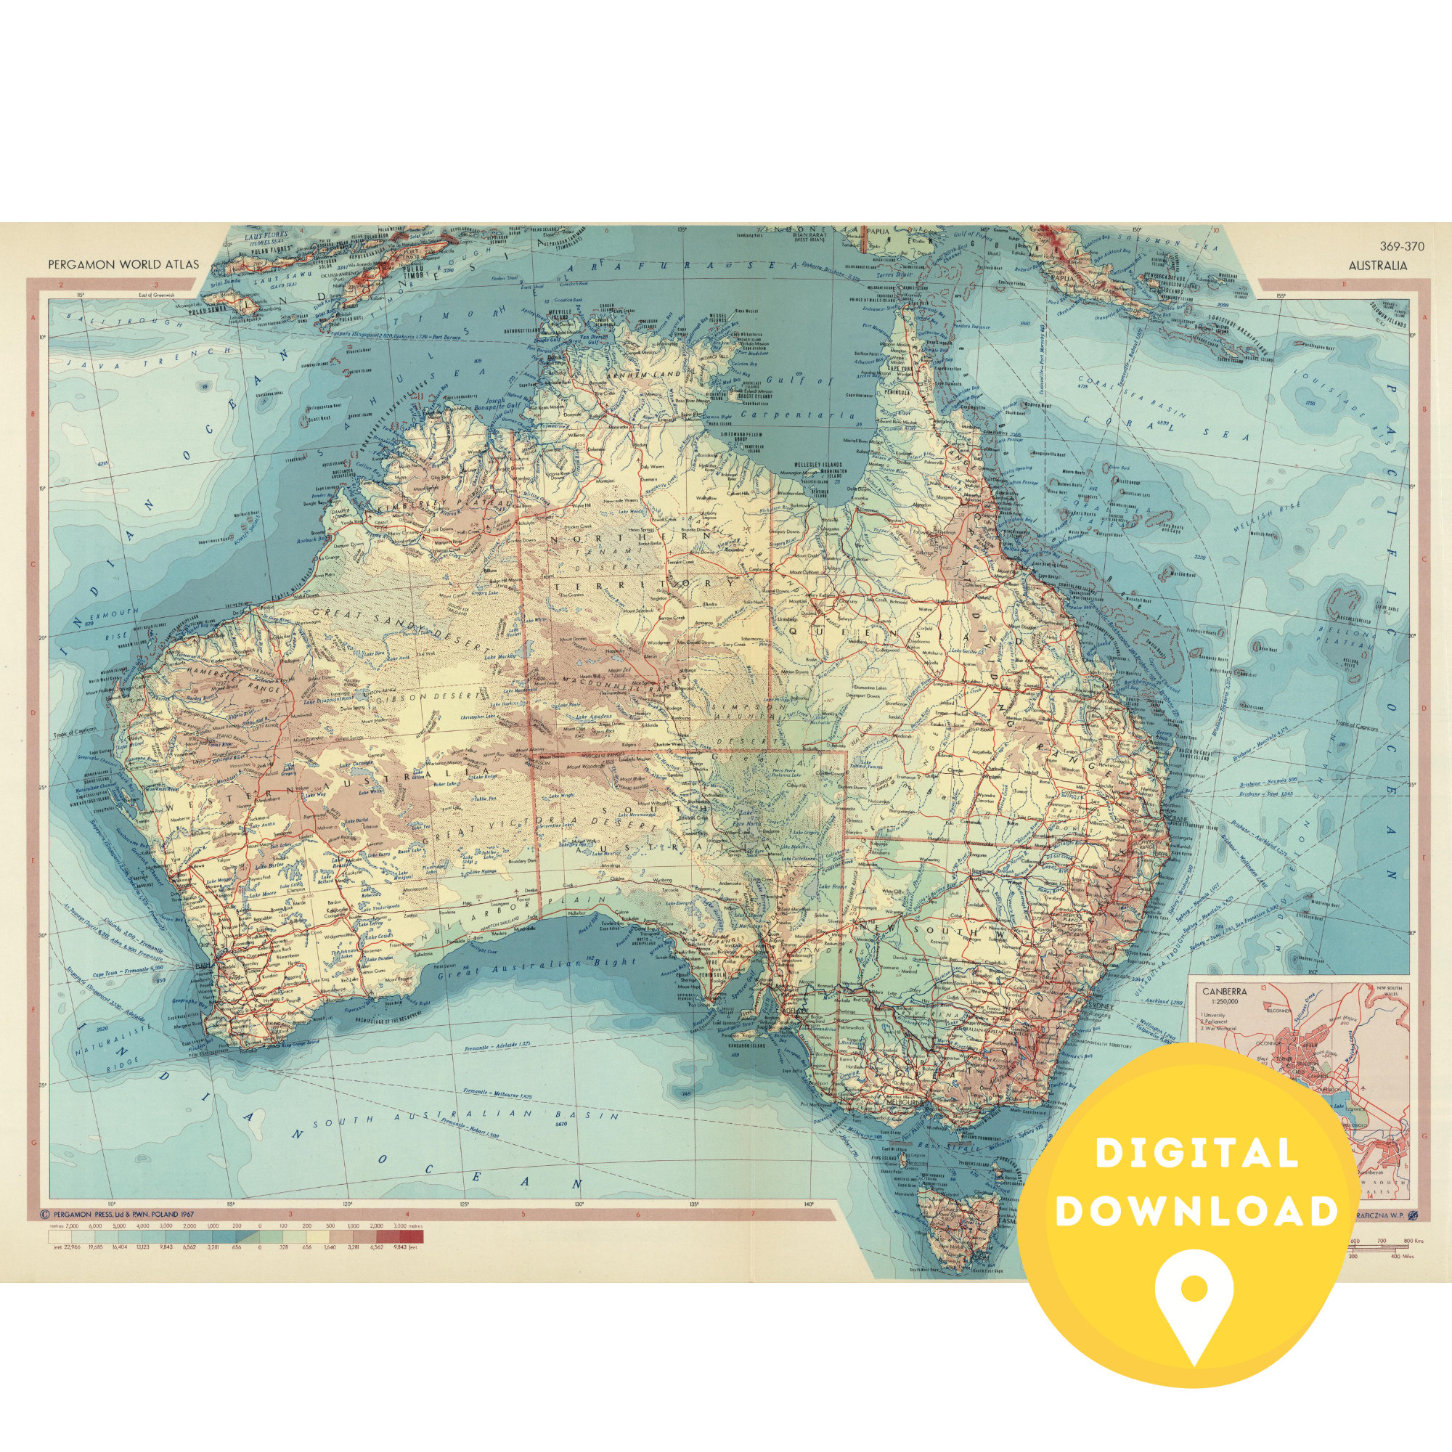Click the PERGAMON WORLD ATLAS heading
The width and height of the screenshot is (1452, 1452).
pyautogui.click(x=124, y=264)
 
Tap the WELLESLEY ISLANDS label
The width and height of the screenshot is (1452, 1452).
pyautogui.click(x=821, y=465)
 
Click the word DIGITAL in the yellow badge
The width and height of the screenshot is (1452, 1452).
pyautogui.click(x=1196, y=1154)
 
